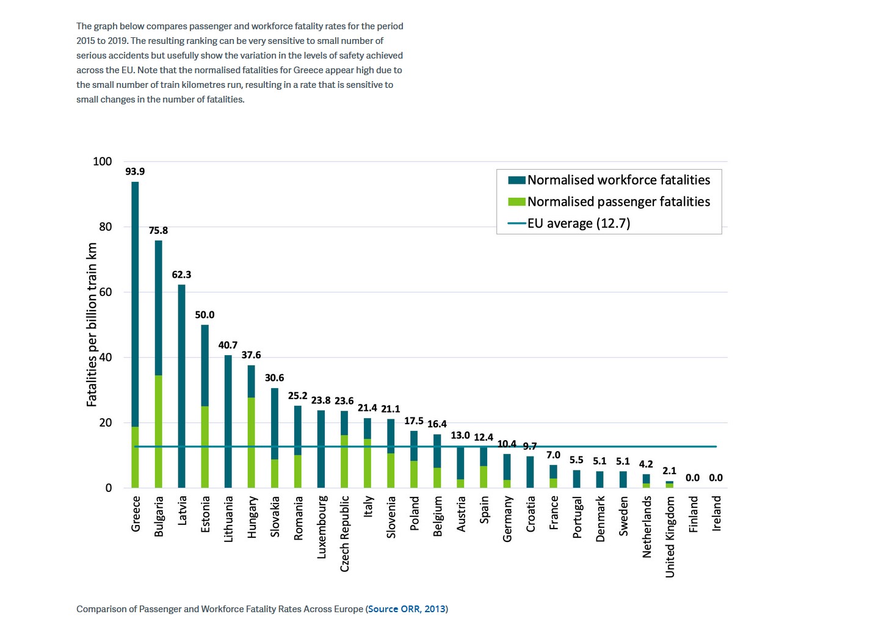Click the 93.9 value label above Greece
135,172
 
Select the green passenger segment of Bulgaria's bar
159,431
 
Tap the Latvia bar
182,386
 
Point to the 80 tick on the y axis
106,227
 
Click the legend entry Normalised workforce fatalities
618,180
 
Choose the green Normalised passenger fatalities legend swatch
516,202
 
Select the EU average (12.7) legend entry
578,223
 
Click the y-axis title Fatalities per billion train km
92,325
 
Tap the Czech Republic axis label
345,533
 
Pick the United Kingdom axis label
670,537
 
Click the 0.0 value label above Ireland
716,478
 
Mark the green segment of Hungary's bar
252,443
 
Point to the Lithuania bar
228,421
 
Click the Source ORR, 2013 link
407,609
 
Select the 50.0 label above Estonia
205,315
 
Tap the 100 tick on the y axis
103,162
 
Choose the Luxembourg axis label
322,527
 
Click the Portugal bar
577,479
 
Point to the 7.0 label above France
553,455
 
